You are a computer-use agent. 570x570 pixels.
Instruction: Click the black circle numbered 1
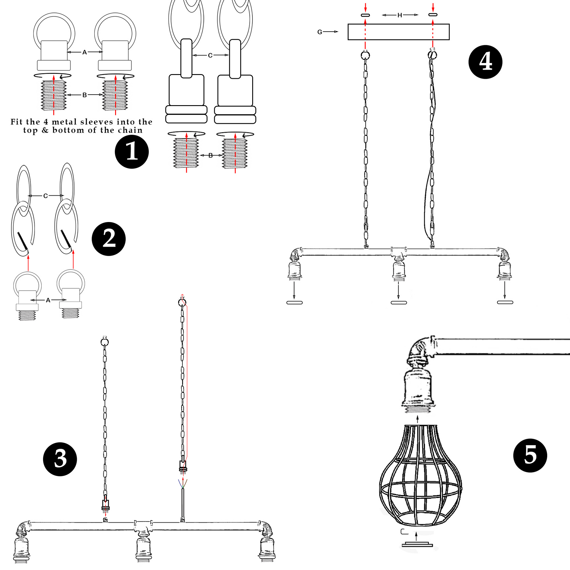click(132, 152)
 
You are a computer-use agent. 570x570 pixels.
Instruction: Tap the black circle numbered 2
click(109, 239)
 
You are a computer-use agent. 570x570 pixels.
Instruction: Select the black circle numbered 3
click(60, 459)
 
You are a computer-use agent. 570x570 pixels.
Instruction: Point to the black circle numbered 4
click(485, 62)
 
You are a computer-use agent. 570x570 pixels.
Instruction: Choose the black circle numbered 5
click(530, 455)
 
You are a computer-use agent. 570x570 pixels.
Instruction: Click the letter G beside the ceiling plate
click(320, 32)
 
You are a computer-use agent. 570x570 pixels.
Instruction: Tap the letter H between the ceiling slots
click(400, 15)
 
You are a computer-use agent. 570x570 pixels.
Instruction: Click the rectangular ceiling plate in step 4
click(398, 32)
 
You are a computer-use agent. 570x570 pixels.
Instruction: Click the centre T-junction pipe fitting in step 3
click(144, 527)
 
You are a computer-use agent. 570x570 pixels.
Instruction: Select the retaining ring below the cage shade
click(417, 544)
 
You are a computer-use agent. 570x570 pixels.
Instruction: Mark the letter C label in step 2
click(45, 196)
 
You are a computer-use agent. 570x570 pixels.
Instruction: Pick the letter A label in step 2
click(48, 300)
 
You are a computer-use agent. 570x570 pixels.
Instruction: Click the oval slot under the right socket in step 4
click(505, 302)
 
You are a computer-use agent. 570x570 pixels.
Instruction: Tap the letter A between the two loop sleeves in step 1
click(84, 52)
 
